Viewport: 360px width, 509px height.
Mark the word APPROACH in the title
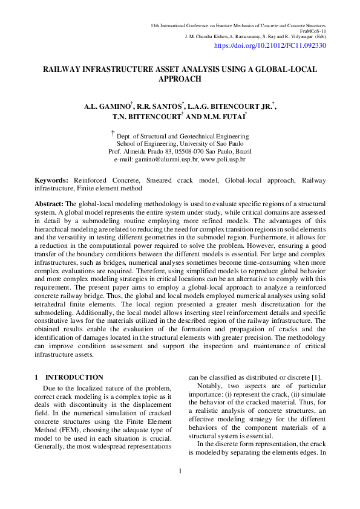point(180,79)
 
